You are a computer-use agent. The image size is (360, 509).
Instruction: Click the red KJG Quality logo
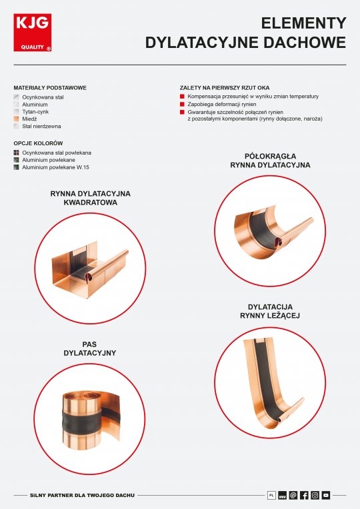(x=33, y=33)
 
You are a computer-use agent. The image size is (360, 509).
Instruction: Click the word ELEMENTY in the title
(x=303, y=23)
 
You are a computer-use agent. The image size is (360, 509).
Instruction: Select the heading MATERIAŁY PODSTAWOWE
(x=50, y=88)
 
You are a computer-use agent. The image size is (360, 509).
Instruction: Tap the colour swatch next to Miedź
(x=16, y=119)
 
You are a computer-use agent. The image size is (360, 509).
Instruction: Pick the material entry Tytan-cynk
(x=35, y=112)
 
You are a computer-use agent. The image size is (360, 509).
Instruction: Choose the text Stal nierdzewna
(x=41, y=127)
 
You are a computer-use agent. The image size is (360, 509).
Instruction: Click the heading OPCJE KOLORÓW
(x=39, y=143)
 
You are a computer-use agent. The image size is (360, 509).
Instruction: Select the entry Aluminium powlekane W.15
(x=55, y=167)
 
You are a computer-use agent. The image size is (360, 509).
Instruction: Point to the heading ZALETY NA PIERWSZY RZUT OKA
(x=225, y=88)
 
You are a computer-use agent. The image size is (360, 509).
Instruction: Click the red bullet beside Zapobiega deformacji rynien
(x=182, y=104)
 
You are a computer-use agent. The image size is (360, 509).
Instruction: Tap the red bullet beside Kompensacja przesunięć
(x=182, y=97)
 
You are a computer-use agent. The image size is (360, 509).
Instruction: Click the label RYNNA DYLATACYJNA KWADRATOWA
(x=90, y=198)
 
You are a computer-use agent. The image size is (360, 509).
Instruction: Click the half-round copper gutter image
(x=273, y=231)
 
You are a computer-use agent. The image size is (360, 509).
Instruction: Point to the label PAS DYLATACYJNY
(x=90, y=348)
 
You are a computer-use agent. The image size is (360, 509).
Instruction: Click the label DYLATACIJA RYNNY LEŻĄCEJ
(x=270, y=311)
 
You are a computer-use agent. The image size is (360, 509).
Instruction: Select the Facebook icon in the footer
(x=304, y=495)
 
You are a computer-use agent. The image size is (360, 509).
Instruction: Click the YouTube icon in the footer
(x=326, y=495)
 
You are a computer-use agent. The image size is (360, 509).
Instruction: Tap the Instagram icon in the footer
(x=315, y=495)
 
